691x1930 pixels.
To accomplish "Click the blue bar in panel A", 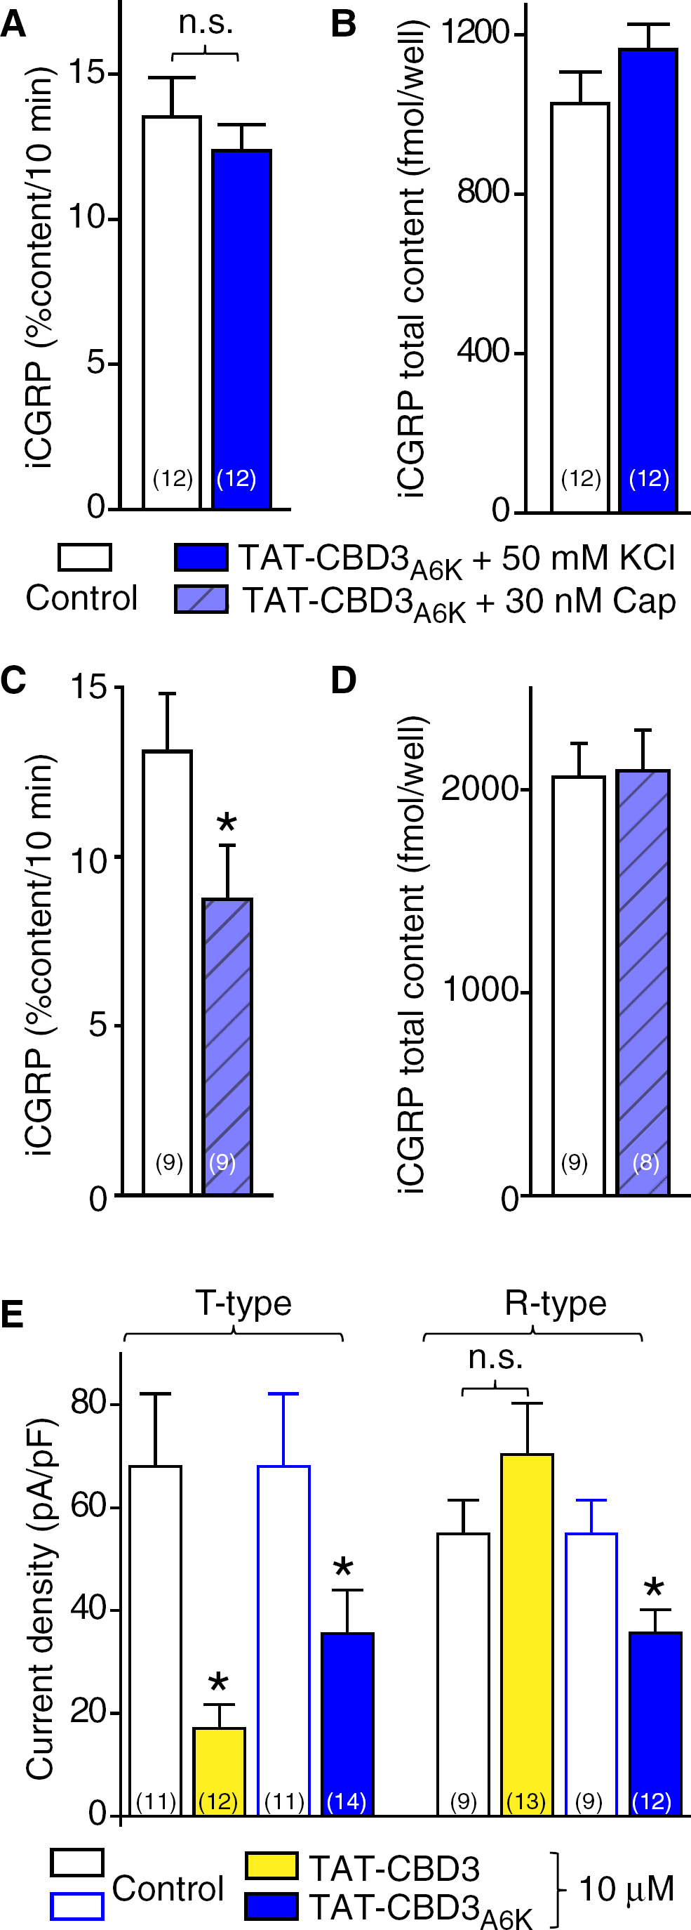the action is point(242,329).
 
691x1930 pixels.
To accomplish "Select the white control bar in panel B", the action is point(580,307).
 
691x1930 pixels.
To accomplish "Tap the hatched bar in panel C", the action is point(227,1046).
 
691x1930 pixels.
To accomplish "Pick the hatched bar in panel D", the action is point(643,983).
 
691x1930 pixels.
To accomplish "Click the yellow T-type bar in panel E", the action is point(220,1771).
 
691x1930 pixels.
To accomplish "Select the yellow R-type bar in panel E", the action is point(527,1634).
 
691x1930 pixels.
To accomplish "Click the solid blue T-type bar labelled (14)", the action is point(347,1724).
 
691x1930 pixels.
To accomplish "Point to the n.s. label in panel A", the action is point(206,22).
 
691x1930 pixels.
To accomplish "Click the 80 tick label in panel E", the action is point(90,1402).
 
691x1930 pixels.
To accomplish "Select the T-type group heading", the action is point(243,1303).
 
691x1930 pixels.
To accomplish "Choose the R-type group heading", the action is point(556,1303).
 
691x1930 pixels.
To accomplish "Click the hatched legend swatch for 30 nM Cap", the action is point(201,599).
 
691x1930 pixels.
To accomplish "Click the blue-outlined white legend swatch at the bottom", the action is point(77,1906).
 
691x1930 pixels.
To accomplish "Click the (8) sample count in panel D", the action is point(645,1162).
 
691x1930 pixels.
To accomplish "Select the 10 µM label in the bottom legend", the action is point(626,1889).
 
